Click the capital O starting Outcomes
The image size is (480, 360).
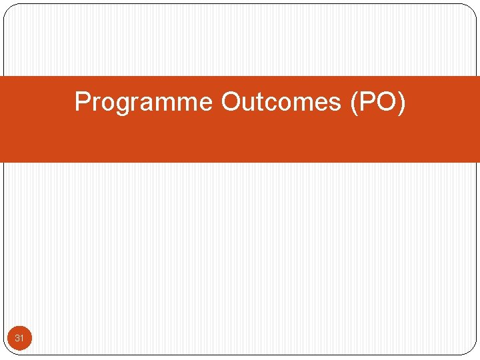click(x=231, y=102)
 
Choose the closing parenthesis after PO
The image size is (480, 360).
click(x=401, y=103)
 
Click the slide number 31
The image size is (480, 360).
click(x=19, y=339)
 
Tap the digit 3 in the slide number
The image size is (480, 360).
click(x=17, y=339)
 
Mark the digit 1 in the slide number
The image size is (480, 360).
click(x=22, y=339)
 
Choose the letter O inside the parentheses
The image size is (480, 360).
click(x=386, y=102)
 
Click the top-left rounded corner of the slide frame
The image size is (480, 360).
click(x=9, y=9)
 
